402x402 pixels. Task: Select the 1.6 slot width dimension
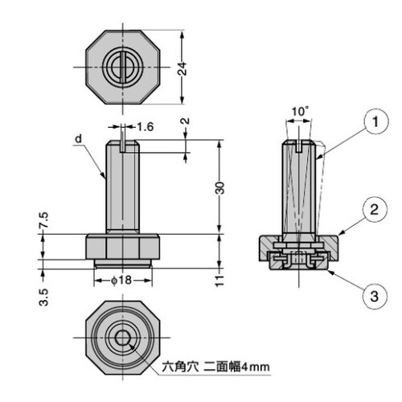pyautogui.click(x=146, y=127)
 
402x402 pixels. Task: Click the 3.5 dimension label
pyautogui.click(x=44, y=298)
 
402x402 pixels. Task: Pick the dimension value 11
pyautogui.click(x=219, y=279)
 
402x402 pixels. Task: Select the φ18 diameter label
pyautogui.click(x=121, y=281)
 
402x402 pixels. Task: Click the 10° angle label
pyautogui.click(x=300, y=110)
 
